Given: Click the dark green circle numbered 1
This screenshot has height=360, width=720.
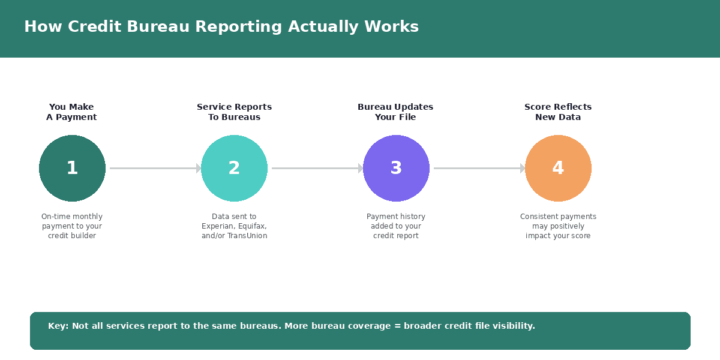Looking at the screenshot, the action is [72, 168].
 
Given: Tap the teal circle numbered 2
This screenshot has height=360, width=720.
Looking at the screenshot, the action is [234, 168].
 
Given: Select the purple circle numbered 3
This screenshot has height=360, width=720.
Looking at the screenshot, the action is [396, 168].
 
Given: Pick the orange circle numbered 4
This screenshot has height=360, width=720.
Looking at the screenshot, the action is [558, 168].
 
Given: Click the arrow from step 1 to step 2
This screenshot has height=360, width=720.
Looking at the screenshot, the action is [154, 168].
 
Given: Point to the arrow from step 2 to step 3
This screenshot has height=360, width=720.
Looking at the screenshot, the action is [316, 168].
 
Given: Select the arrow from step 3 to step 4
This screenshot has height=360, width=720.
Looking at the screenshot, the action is [478, 168].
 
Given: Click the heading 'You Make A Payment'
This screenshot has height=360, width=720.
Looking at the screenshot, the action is [71, 112].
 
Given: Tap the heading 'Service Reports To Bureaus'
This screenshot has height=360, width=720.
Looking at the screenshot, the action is [234, 112].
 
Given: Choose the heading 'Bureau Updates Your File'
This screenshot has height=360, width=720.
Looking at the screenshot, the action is [395, 112].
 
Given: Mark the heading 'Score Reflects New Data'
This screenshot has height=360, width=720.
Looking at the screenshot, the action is [558, 112].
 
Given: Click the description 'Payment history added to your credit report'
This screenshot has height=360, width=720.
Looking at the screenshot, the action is [396, 226].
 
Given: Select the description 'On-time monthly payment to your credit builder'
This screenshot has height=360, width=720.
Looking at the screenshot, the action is [72, 226].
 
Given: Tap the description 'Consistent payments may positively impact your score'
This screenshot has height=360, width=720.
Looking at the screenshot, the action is [558, 226].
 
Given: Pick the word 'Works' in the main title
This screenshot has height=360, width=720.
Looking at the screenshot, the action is [394, 27].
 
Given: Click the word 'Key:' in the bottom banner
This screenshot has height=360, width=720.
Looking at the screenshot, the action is [58, 326].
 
